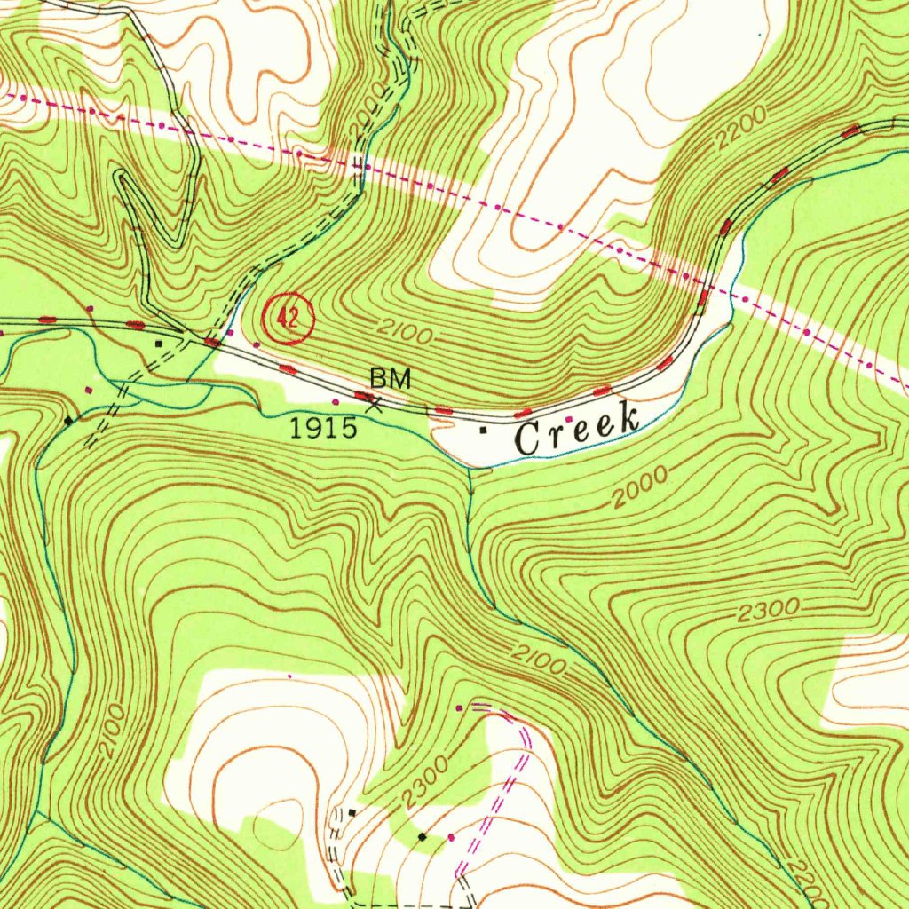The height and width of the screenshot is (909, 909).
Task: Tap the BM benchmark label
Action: pos(391,379)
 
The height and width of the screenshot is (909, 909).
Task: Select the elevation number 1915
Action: pos(324,429)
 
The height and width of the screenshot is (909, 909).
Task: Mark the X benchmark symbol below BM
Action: pos(375,406)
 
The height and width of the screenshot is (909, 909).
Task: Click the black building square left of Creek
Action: pos(483,431)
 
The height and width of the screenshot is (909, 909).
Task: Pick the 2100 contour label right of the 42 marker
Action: pos(404,332)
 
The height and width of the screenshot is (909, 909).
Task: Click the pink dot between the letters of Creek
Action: pos(569,419)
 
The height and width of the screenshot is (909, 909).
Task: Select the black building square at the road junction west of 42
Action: pos(159,342)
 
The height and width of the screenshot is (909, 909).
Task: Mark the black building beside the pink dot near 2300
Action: pos(423,836)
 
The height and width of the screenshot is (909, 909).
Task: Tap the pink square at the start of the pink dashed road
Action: pos(459,708)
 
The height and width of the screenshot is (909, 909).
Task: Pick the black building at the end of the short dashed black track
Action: pos(352,812)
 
